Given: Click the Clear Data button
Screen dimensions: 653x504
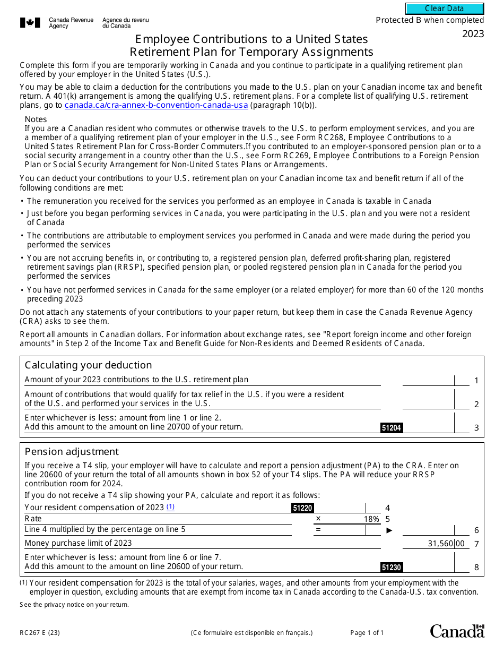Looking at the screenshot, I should click(x=445, y=8).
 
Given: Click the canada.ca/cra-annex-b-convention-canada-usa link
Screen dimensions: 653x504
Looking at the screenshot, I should click(x=156, y=105).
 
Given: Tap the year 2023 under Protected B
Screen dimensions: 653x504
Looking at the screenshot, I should click(x=473, y=34).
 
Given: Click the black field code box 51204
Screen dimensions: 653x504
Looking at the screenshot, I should click(x=392, y=428).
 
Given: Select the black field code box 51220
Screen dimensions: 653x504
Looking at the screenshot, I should click(x=302, y=508).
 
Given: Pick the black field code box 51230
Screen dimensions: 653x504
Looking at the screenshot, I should click(x=392, y=568).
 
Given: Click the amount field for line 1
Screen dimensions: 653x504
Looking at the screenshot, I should click(x=429, y=380).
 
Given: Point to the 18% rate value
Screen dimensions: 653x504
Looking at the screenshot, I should click(x=371, y=519).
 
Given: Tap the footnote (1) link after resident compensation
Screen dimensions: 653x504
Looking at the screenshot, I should click(x=170, y=507).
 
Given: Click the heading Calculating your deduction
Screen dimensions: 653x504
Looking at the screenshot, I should click(x=88, y=365).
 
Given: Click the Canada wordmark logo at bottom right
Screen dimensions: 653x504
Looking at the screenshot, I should click(x=457, y=631).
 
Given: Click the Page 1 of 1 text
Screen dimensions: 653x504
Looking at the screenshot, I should click(x=367, y=633).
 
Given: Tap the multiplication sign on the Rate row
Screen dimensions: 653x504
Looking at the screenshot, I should click(x=318, y=519).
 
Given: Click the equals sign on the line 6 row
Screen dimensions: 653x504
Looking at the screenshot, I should click(x=318, y=530).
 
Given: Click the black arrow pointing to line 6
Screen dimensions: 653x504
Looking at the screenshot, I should click(x=389, y=530).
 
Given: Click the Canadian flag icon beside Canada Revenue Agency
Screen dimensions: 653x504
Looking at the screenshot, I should click(x=30, y=23).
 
